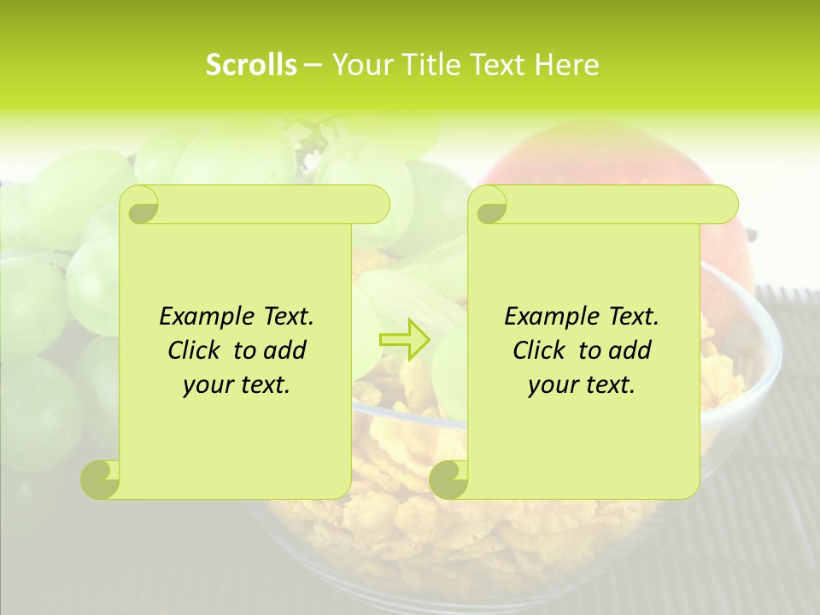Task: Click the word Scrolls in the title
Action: (x=251, y=65)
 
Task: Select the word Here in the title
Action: (x=566, y=65)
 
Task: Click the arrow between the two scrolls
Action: (x=404, y=340)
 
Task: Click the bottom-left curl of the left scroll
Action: (x=101, y=478)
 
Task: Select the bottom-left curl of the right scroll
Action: (x=448, y=478)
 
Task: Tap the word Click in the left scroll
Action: (x=195, y=350)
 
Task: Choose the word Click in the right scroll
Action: (x=540, y=350)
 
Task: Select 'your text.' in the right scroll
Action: (x=582, y=384)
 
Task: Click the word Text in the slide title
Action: (x=497, y=65)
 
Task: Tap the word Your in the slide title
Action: (x=359, y=65)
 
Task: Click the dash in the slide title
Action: (x=313, y=66)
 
